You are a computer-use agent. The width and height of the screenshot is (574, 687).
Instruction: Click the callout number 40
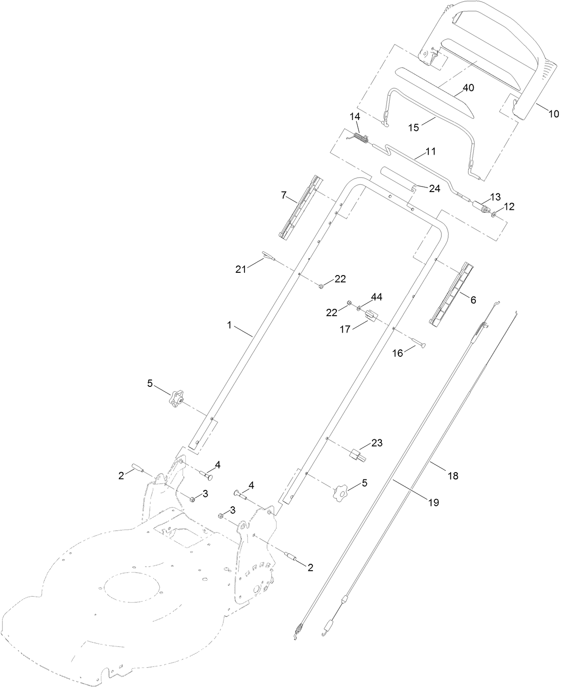coord(469,88)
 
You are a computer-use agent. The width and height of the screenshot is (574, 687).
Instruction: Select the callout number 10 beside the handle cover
coord(553,114)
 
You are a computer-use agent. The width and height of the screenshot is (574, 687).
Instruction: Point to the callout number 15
coord(413,127)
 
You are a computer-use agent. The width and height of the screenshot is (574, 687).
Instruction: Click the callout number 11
coord(431,151)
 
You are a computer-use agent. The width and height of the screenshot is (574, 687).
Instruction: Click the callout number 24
coord(434,188)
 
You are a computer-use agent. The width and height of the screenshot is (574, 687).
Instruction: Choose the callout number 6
coord(473,300)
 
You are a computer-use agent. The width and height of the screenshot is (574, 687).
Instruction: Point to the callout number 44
coord(376,297)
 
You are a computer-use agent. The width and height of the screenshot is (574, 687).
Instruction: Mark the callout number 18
coord(453,476)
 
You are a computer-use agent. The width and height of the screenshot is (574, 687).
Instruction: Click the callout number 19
coord(433,502)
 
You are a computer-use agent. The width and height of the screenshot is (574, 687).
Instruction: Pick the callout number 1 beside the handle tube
coord(230,325)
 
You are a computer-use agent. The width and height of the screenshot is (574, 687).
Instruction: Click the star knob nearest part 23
coord(340,492)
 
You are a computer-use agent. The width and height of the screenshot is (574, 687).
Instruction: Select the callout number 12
coord(509,207)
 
